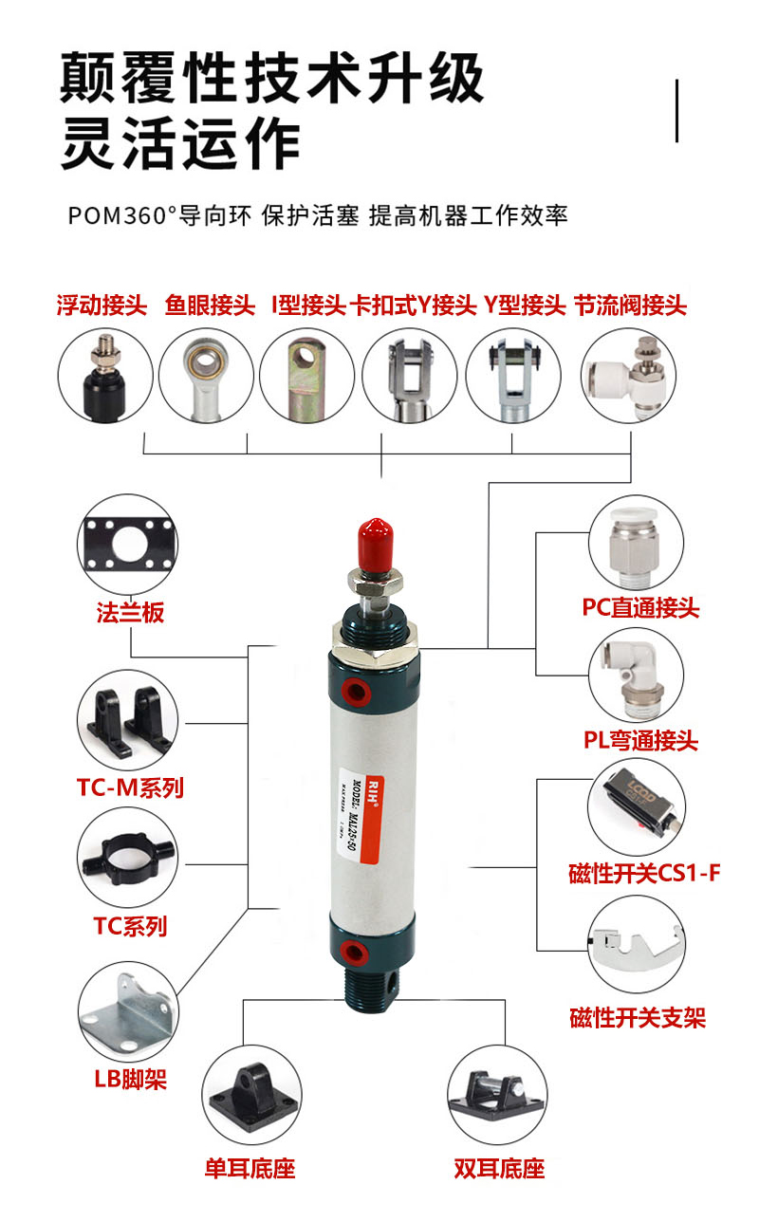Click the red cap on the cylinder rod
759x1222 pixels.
point(371,542)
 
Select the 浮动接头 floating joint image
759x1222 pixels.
point(102,376)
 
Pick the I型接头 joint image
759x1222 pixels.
point(306,376)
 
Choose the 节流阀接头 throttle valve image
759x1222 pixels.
point(630,376)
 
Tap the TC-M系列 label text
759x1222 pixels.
point(130,787)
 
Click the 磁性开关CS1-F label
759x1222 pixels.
point(644,874)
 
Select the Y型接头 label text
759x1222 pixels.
point(525,305)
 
